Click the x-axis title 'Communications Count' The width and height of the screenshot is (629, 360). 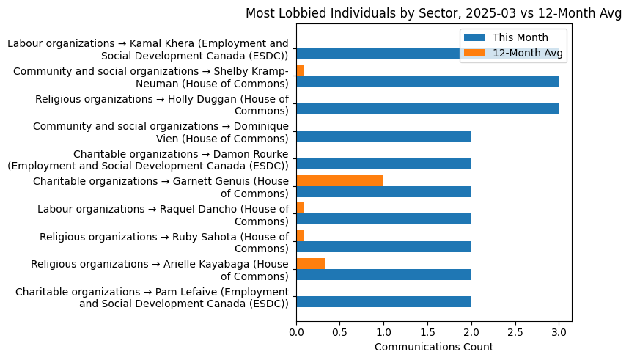point(433,347)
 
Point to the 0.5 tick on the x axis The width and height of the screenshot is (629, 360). point(339,332)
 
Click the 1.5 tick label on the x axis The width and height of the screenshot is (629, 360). point(427,332)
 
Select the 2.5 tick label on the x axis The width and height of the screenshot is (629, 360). point(515,332)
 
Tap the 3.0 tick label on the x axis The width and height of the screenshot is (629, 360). point(559,332)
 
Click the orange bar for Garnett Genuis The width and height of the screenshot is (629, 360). point(339,180)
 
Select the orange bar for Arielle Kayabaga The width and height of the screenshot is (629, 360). point(310,263)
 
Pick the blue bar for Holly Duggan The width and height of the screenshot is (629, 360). point(427,109)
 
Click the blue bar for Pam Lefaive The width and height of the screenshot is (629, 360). point(383,301)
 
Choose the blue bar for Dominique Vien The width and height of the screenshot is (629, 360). point(383,136)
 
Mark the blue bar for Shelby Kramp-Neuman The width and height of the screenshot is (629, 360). point(427,81)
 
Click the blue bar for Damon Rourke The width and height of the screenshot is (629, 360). point(383,164)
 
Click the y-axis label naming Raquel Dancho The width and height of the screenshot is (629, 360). point(163,215)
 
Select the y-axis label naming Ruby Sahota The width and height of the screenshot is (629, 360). point(164,243)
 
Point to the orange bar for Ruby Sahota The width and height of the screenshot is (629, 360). point(300,235)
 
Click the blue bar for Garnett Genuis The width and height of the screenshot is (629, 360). point(383,191)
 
